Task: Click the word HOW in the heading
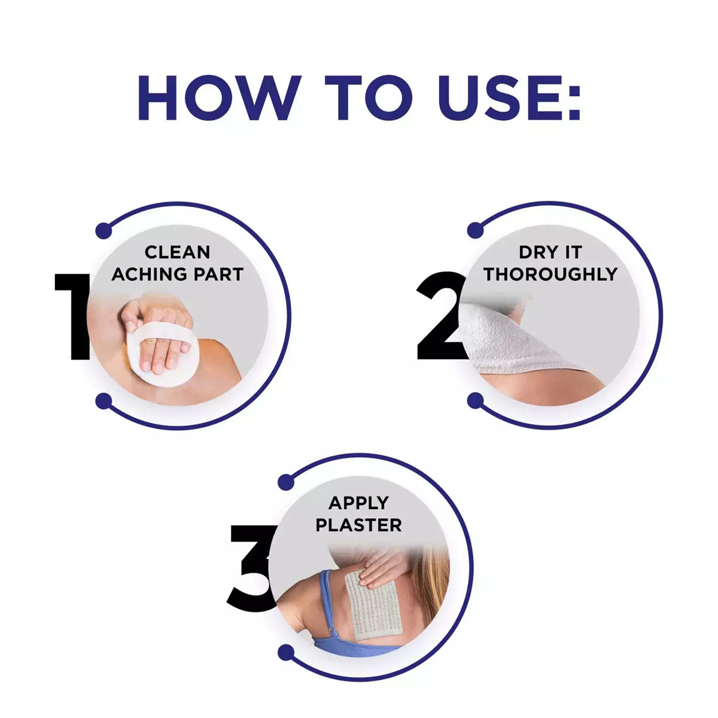click(x=219, y=98)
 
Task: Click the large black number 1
click(x=73, y=317)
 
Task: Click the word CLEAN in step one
click(x=177, y=252)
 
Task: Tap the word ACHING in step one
click(x=148, y=275)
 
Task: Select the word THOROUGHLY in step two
click(x=550, y=274)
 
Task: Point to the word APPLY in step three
click(x=359, y=503)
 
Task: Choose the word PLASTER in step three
click(x=359, y=525)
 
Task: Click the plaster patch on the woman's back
click(x=373, y=598)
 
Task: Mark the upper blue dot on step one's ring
click(x=104, y=230)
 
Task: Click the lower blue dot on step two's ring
click(x=476, y=400)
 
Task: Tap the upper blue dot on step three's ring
click(x=286, y=482)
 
